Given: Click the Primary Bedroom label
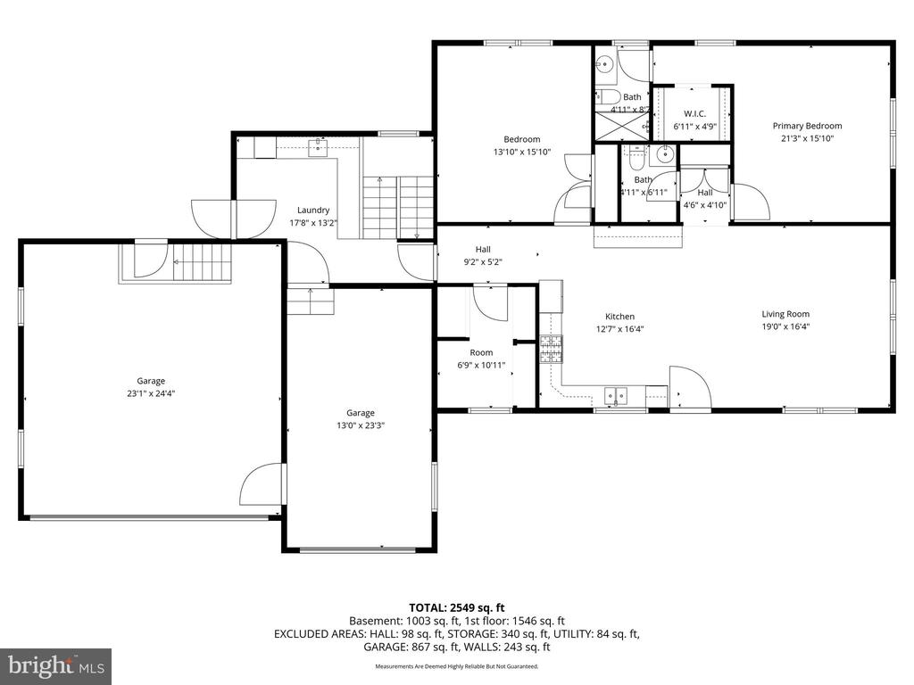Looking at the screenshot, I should click(x=807, y=126).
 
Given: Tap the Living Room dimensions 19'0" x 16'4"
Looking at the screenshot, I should click(x=785, y=327).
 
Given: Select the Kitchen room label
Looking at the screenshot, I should click(x=619, y=317).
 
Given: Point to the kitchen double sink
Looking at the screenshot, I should click(x=617, y=393).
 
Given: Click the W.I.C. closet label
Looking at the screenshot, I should click(x=695, y=114).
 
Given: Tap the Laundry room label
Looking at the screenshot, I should click(x=313, y=210).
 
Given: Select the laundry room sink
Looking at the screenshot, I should click(x=316, y=147).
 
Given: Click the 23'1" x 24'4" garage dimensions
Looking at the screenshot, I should click(x=151, y=393).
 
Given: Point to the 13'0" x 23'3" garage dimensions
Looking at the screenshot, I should click(x=361, y=425).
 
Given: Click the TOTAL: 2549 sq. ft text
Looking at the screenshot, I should click(x=456, y=607).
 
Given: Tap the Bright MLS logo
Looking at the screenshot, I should click(x=55, y=665).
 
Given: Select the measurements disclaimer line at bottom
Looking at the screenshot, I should click(x=456, y=666).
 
